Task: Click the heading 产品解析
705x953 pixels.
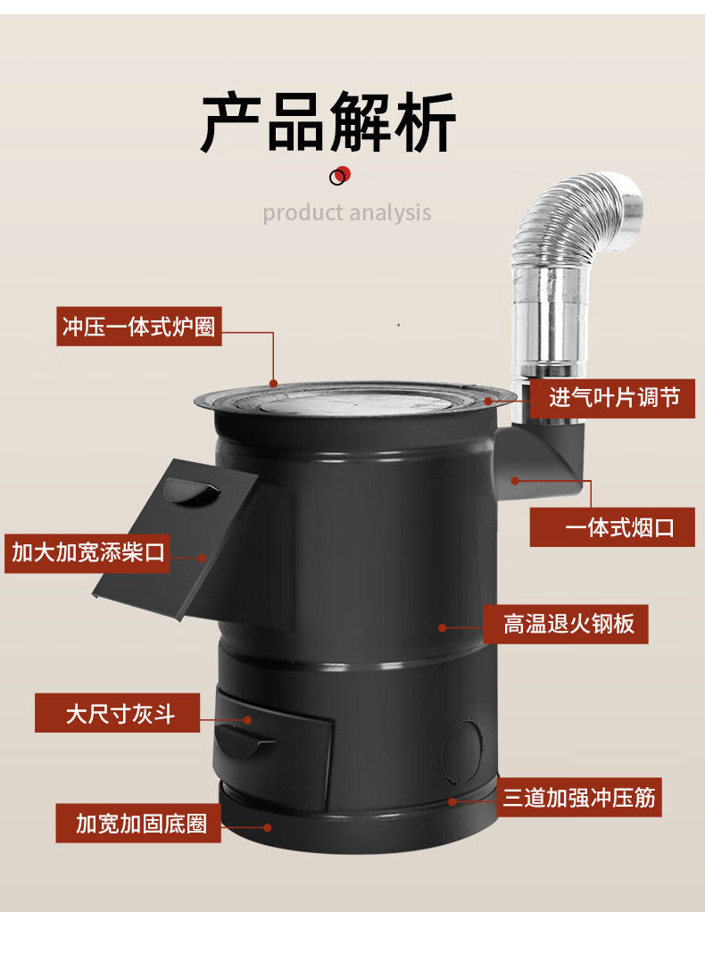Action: [x=328, y=122]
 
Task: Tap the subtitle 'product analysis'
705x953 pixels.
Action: [x=347, y=212]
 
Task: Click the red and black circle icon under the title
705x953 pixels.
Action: [x=340, y=176]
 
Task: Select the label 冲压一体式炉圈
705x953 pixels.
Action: [x=138, y=327]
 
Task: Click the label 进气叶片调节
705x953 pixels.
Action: [x=612, y=398]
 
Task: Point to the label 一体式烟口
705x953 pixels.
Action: [x=612, y=527]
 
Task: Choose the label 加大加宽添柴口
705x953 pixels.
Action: [x=87, y=553]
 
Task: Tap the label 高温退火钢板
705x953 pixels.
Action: [x=566, y=625]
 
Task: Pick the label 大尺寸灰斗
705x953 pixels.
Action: [x=117, y=713]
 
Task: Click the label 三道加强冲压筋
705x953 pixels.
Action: [x=579, y=798]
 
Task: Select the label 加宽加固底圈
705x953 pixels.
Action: [x=138, y=824]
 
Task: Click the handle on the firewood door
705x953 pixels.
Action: [x=192, y=492]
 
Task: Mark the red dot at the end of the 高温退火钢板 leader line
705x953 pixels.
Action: [x=443, y=628]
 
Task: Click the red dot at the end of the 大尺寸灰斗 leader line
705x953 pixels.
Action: [x=247, y=720]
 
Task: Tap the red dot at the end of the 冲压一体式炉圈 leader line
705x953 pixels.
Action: [x=273, y=384]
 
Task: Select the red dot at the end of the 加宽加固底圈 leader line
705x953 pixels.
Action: [x=268, y=827]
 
